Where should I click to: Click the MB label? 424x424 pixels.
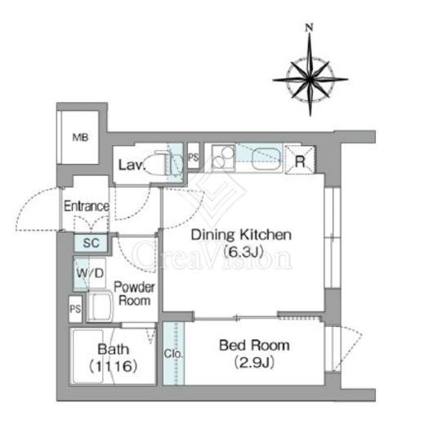pos(80,138)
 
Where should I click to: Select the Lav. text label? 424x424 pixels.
pos(131,165)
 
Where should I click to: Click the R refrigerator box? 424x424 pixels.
pos(300,160)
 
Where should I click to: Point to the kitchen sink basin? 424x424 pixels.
pos(266,159)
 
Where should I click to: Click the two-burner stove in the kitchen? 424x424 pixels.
pos(223,158)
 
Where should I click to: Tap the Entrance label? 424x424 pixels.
pos(87,206)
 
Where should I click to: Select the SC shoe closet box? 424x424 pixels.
pos(91,243)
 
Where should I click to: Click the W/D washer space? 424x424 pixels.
pos(90,273)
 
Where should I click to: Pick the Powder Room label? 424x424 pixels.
pos(135,294)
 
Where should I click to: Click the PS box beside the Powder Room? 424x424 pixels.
pos(75,309)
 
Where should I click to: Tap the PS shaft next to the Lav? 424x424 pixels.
pos(194,157)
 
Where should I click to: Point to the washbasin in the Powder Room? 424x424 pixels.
pos(100,307)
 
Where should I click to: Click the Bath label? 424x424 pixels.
pos(114,349)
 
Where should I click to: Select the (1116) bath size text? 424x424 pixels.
pos(113,366)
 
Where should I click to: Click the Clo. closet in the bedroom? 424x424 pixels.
pos(174,353)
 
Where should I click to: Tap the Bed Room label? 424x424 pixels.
pos(254,346)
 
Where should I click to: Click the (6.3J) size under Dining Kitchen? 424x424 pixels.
pos(243,252)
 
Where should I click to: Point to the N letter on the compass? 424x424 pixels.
pos(309,28)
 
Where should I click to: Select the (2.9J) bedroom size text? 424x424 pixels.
pos(254,362)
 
